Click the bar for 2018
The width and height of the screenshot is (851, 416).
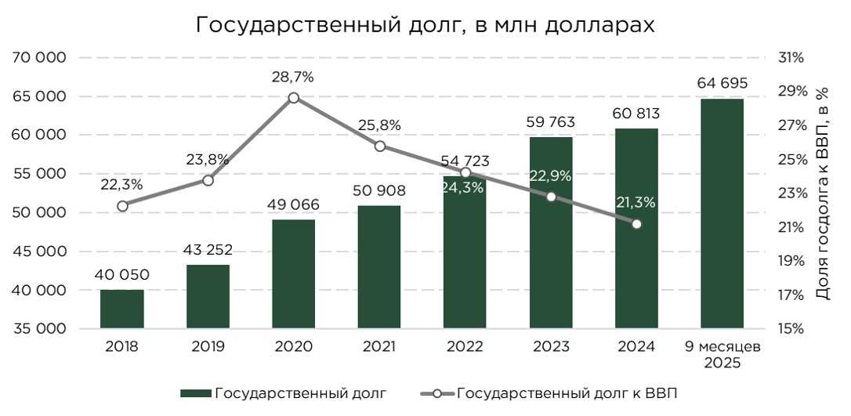coord(122,309)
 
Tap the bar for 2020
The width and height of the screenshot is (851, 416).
coord(294,273)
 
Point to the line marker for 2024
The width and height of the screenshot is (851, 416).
coord(636,224)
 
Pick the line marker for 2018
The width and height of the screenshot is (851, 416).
coord(122,206)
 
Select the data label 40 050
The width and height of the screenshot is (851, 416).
coord(122,275)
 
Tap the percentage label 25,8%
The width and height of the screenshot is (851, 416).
coord(380,125)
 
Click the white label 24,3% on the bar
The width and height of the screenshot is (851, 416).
coord(465,187)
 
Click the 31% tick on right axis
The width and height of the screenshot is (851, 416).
coord(791,58)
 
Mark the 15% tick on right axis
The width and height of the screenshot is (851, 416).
coord(791,329)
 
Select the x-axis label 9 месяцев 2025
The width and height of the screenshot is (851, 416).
coord(722,355)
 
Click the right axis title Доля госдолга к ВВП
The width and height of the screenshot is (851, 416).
coord(822,193)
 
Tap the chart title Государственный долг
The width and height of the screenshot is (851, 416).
coord(424,25)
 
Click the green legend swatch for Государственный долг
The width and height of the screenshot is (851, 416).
coord(195,393)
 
